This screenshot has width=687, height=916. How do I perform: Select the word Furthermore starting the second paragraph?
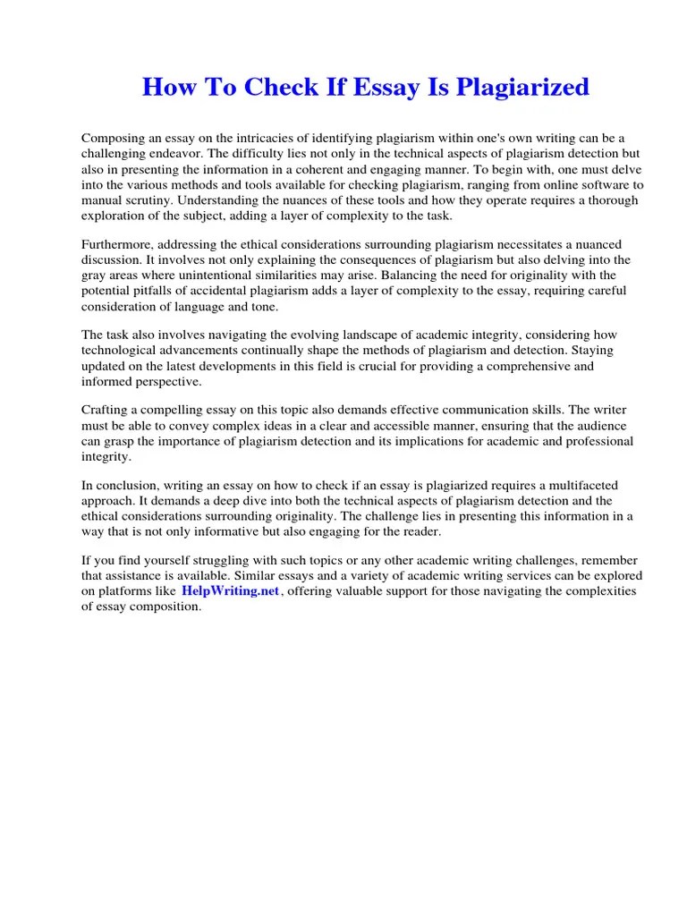[x=118, y=244]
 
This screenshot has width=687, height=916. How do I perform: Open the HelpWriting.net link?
[x=231, y=591]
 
